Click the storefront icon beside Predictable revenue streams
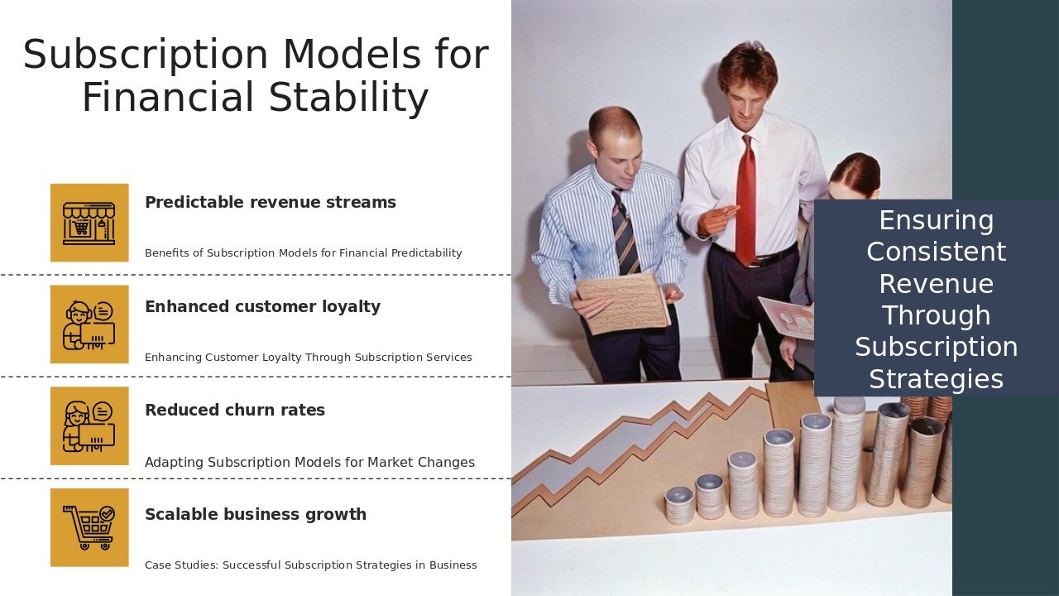click(x=89, y=223)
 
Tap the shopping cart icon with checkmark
click(x=89, y=527)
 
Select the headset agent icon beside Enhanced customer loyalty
click(x=89, y=324)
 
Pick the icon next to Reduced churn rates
click(x=89, y=425)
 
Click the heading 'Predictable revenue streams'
click(x=271, y=203)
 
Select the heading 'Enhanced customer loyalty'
click(x=262, y=306)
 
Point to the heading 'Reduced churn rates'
click(x=235, y=410)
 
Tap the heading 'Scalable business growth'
click(x=256, y=514)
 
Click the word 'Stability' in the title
click(x=348, y=98)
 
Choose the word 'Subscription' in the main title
click(x=146, y=55)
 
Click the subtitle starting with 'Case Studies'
click(x=310, y=565)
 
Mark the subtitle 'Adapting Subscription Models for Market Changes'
click(x=309, y=462)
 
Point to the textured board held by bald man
click(x=623, y=303)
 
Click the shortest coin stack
click(x=679, y=506)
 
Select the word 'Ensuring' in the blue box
click(x=936, y=221)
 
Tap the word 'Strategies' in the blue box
click(x=936, y=379)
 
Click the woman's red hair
click(x=855, y=173)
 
